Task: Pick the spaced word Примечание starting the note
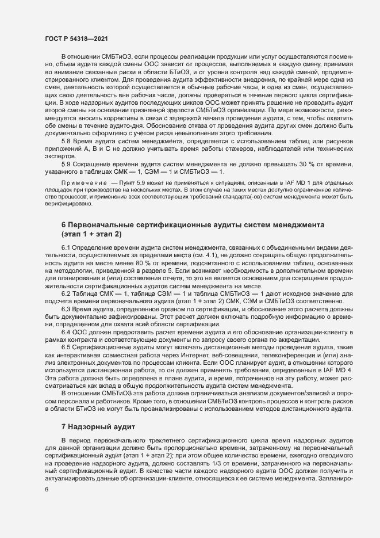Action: pyautogui.click(x=86, y=181)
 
